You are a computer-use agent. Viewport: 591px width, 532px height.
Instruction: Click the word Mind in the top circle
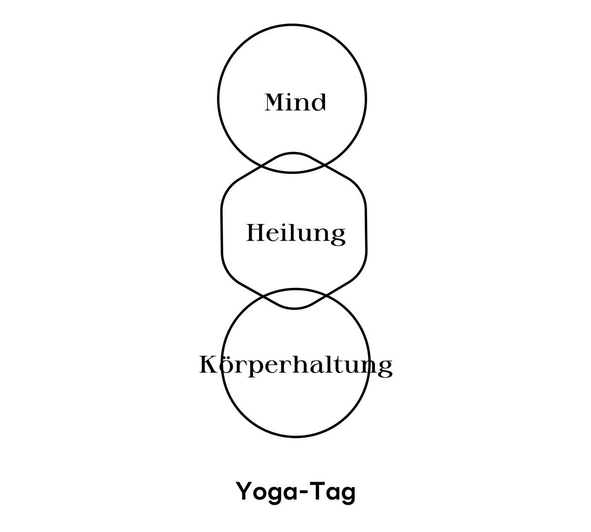pyautogui.click(x=295, y=102)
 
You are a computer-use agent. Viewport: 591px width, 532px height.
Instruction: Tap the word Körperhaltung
pyautogui.click(x=295, y=365)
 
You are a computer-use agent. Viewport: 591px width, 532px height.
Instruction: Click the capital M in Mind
pyautogui.click(x=274, y=102)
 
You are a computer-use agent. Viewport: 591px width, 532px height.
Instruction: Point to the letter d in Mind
pyautogui.click(x=319, y=102)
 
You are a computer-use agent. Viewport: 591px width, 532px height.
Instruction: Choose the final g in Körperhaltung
pyautogui.click(x=385, y=368)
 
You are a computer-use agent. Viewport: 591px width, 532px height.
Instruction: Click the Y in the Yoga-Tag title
pyautogui.click(x=244, y=491)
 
